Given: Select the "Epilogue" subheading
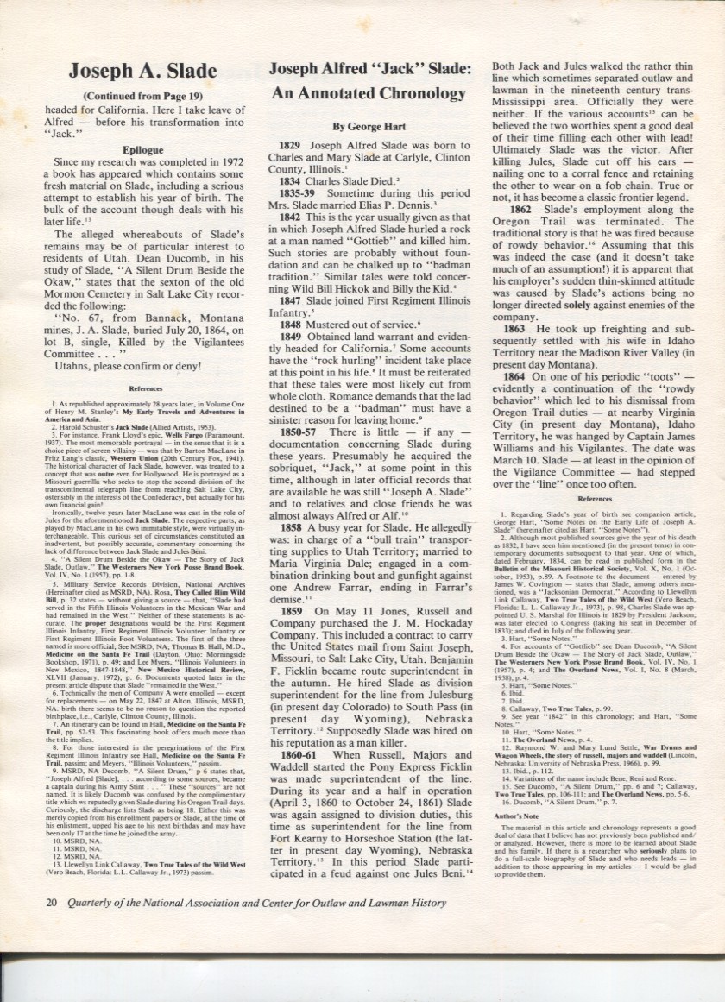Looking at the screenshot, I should click(142, 149).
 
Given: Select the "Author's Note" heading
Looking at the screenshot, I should click(519, 791).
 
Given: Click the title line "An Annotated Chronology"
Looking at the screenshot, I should click(369, 93).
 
